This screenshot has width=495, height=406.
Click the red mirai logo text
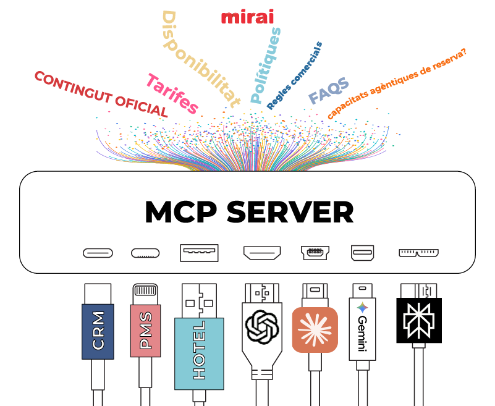pyautogui.click(x=247, y=17)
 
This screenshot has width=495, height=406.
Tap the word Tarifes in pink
pyautogui.click(x=172, y=94)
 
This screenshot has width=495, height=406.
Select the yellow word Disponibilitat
pyautogui.click(x=199, y=59)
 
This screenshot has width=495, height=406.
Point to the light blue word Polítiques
pyautogui.click(x=266, y=66)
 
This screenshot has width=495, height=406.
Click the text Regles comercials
pyautogui.click(x=295, y=76)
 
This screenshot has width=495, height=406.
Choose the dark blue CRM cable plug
pyautogui.click(x=98, y=331)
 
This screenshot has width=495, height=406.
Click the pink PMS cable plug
pyautogui.click(x=146, y=331)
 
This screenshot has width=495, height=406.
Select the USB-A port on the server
pyautogui.click(x=199, y=253)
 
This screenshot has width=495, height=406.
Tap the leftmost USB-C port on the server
pyautogui.click(x=98, y=253)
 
